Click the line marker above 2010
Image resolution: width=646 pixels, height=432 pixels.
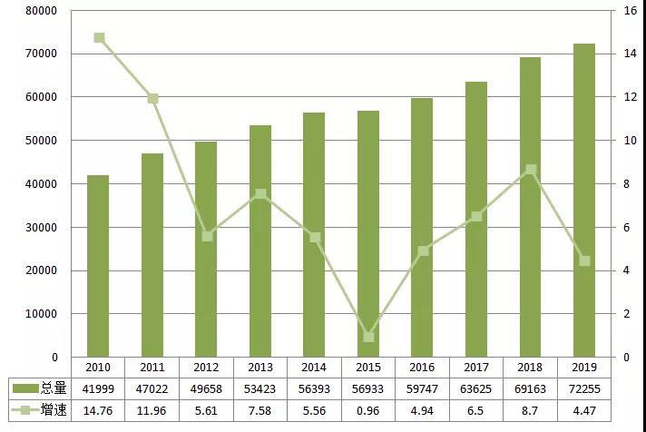99,38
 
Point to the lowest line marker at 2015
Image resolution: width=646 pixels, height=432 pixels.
368,337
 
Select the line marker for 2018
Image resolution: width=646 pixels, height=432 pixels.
531,170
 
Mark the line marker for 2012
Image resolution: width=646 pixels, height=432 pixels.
207,236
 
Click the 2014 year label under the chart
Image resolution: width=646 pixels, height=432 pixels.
314,368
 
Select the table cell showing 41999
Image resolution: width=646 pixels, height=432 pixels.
98,388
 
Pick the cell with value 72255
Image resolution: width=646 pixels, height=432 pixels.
583,388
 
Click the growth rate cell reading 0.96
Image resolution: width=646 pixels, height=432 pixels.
367,409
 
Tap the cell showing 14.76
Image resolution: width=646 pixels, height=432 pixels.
98,409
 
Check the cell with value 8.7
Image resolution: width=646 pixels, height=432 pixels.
530,409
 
